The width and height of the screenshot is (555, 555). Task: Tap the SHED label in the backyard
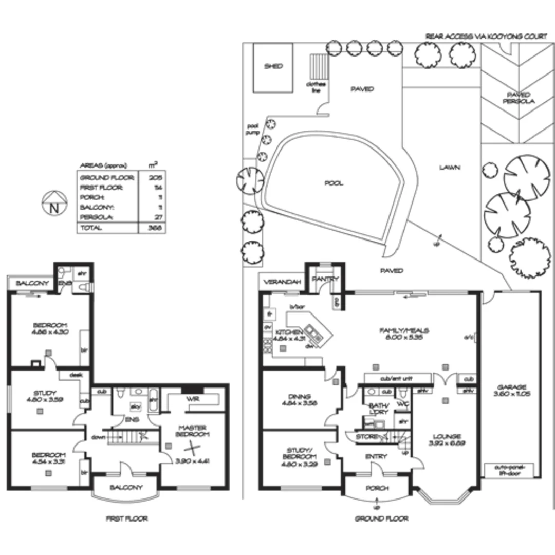[273, 67]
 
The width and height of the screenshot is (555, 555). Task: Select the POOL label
[334, 183]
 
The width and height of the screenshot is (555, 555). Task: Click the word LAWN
[450, 167]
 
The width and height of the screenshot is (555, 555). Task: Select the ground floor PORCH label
[378, 488]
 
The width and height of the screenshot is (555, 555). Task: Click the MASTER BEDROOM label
[193, 431]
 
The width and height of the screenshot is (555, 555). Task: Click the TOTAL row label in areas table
[90, 228]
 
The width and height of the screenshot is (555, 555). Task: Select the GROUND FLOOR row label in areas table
[107, 177]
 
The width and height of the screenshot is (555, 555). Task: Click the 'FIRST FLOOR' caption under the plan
[126, 519]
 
